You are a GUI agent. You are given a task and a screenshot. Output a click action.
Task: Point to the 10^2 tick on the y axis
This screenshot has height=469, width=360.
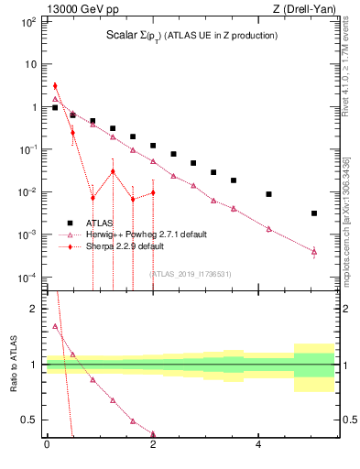pos(28,22)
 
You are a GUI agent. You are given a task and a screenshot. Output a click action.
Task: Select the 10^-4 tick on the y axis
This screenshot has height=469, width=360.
pos(27,278)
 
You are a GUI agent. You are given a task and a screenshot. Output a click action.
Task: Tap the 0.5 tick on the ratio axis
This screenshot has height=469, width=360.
pos(29,420)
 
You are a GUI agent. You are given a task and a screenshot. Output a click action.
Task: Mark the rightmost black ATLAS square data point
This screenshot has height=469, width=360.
pos(314,213)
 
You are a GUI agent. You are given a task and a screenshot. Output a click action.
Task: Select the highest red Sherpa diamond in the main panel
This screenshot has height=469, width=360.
pos(55,86)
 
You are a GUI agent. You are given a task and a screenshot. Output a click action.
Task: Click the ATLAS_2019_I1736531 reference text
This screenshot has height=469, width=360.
pos(191,273)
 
